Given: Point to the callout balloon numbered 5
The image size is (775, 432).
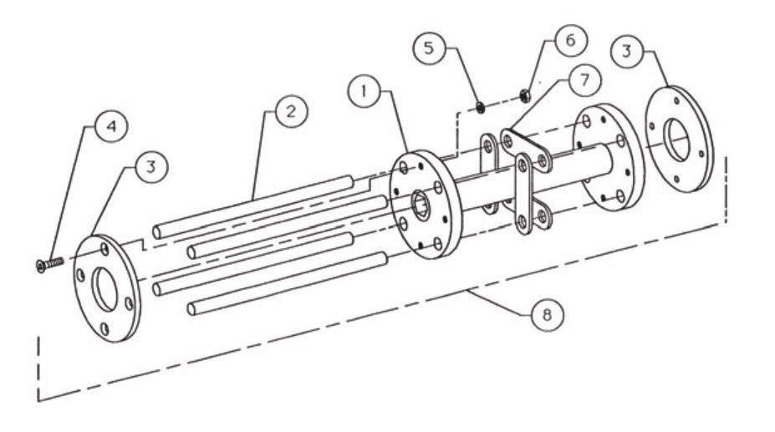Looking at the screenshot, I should click(x=429, y=48).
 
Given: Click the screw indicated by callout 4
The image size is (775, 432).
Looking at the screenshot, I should click(x=50, y=264).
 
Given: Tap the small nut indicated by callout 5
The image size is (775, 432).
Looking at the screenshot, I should click(x=481, y=106).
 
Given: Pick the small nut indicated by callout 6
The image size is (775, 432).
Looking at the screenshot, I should click(x=524, y=94).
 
